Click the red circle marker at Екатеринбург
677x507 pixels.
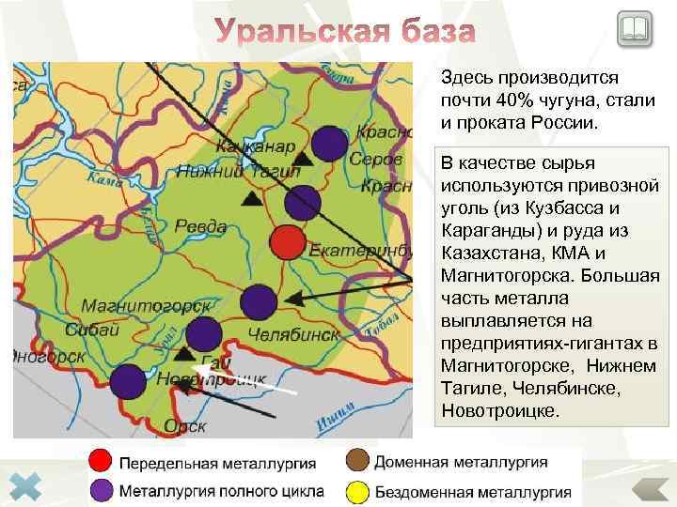tap(289, 242)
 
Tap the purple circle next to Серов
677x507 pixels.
tap(328, 143)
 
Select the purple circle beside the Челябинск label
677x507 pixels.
tap(259, 301)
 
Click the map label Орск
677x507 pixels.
tap(184, 424)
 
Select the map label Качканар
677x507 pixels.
tap(255, 146)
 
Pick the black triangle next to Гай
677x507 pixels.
tap(185, 354)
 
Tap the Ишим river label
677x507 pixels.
tap(336, 424)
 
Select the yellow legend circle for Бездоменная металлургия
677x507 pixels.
tap(356, 490)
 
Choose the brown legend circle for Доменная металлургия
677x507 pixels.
tap(356, 461)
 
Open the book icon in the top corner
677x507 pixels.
tap(636, 30)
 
